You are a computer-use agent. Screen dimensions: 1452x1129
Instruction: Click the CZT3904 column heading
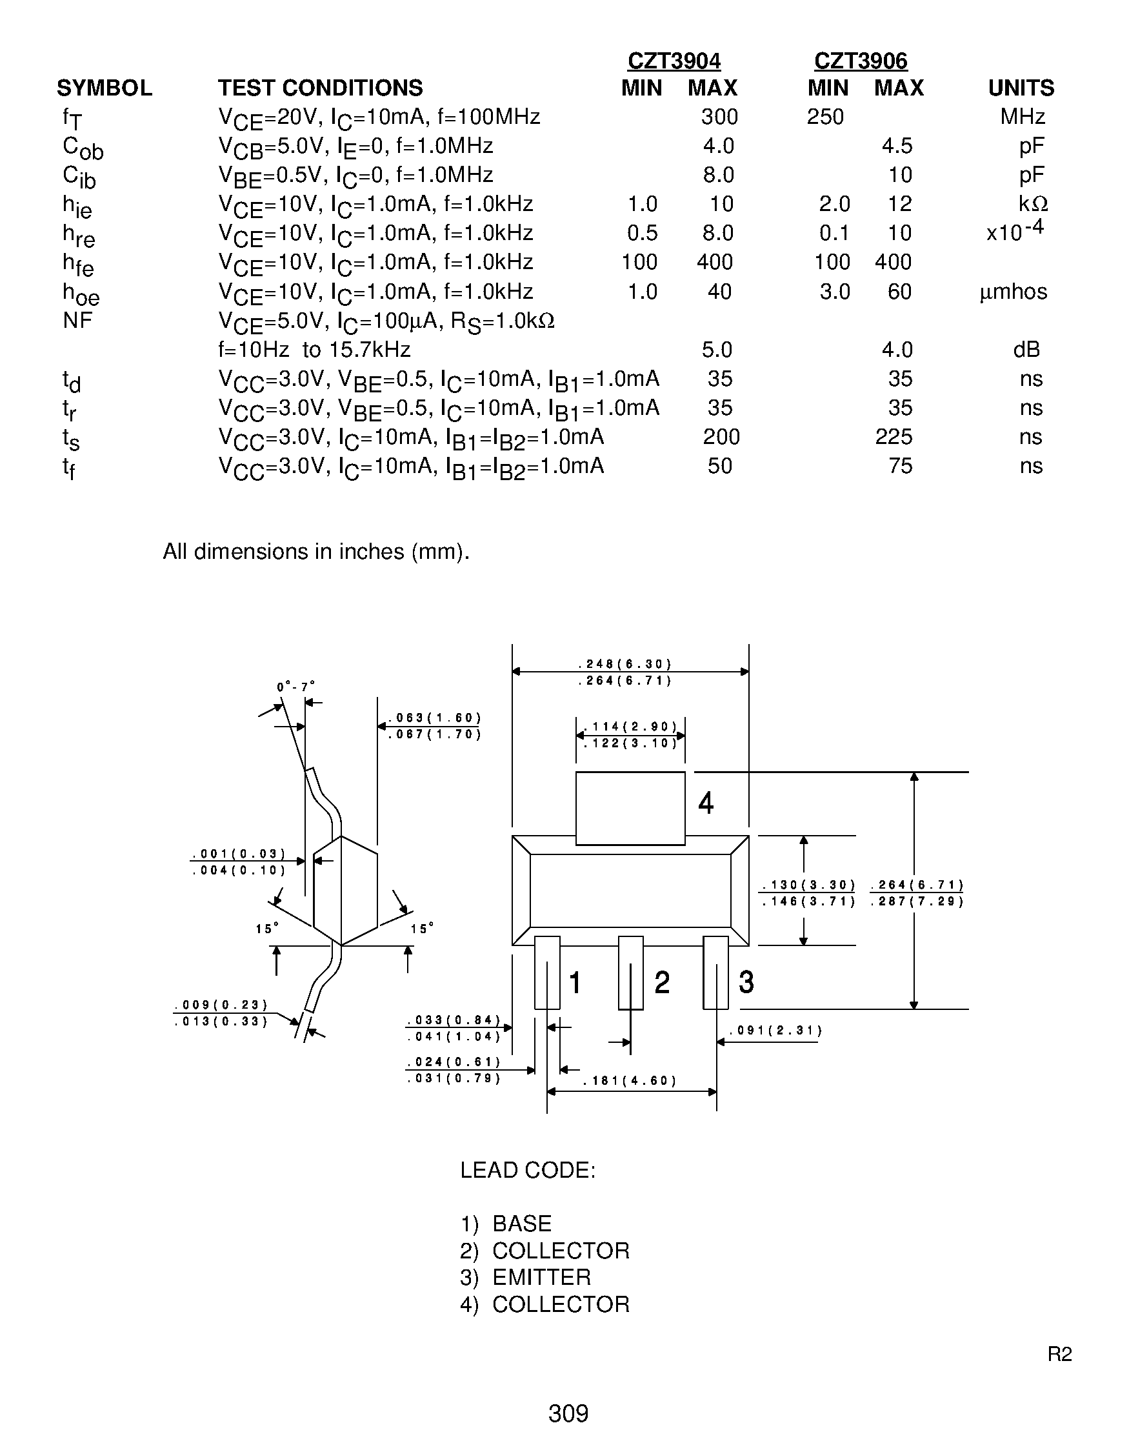[x=674, y=61]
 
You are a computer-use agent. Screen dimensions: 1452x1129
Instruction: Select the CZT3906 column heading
[x=861, y=61]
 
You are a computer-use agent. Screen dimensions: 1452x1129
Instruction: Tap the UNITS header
[x=1021, y=88]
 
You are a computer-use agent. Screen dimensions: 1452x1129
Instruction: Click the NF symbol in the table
[x=78, y=321]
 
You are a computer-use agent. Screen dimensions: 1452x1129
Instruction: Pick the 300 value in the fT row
[x=719, y=117]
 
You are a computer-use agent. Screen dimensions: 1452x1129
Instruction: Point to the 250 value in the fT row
[x=825, y=117]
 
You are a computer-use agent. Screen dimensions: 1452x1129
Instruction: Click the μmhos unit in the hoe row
[x=1014, y=292]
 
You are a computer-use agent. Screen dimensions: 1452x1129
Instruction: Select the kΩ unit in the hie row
[x=1033, y=204]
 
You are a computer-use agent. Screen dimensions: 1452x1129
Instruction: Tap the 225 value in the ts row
[x=894, y=437]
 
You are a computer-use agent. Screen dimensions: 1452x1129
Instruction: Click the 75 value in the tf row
[x=901, y=466]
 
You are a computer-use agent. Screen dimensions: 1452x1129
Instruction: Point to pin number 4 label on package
[x=706, y=803]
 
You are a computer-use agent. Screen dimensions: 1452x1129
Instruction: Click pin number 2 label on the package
[x=662, y=983]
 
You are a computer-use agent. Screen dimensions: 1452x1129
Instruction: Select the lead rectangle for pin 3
[x=715, y=973]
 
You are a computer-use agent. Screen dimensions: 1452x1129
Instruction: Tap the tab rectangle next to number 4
[x=630, y=808]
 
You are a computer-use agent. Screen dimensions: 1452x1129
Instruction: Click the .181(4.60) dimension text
[x=630, y=1081]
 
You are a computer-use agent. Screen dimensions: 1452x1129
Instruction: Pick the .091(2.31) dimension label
[x=776, y=1031]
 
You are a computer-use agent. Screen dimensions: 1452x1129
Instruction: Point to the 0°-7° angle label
[x=295, y=687]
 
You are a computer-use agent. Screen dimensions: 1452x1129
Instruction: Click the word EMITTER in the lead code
[x=541, y=1277]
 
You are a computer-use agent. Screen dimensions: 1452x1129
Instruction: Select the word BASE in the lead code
[x=522, y=1224]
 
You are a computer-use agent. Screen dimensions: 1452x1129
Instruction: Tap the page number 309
[x=568, y=1413]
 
